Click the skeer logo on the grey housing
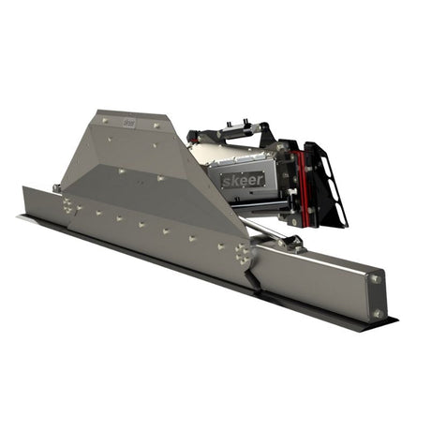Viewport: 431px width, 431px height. (x=243, y=178)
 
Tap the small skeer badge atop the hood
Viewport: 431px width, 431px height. (x=129, y=122)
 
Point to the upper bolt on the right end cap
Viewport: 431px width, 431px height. (x=376, y=278)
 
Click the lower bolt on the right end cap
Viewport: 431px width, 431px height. (x=378, y=313)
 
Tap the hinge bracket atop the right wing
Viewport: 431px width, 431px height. (x=286, y=243)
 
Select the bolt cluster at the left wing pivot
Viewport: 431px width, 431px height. (x=71, y=204)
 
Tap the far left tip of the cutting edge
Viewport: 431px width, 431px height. (x=22, y=217)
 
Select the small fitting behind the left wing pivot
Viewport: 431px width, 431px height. (x=57, y=187)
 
